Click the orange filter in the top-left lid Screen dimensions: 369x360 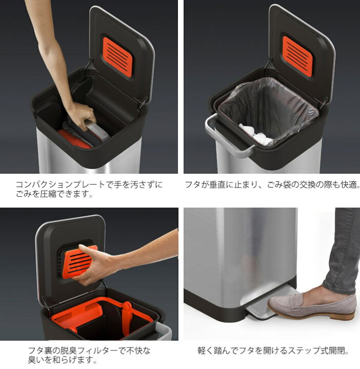point(117,55)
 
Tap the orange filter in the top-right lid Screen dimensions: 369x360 point(298,55)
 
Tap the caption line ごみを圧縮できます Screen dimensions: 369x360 point(54,194)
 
